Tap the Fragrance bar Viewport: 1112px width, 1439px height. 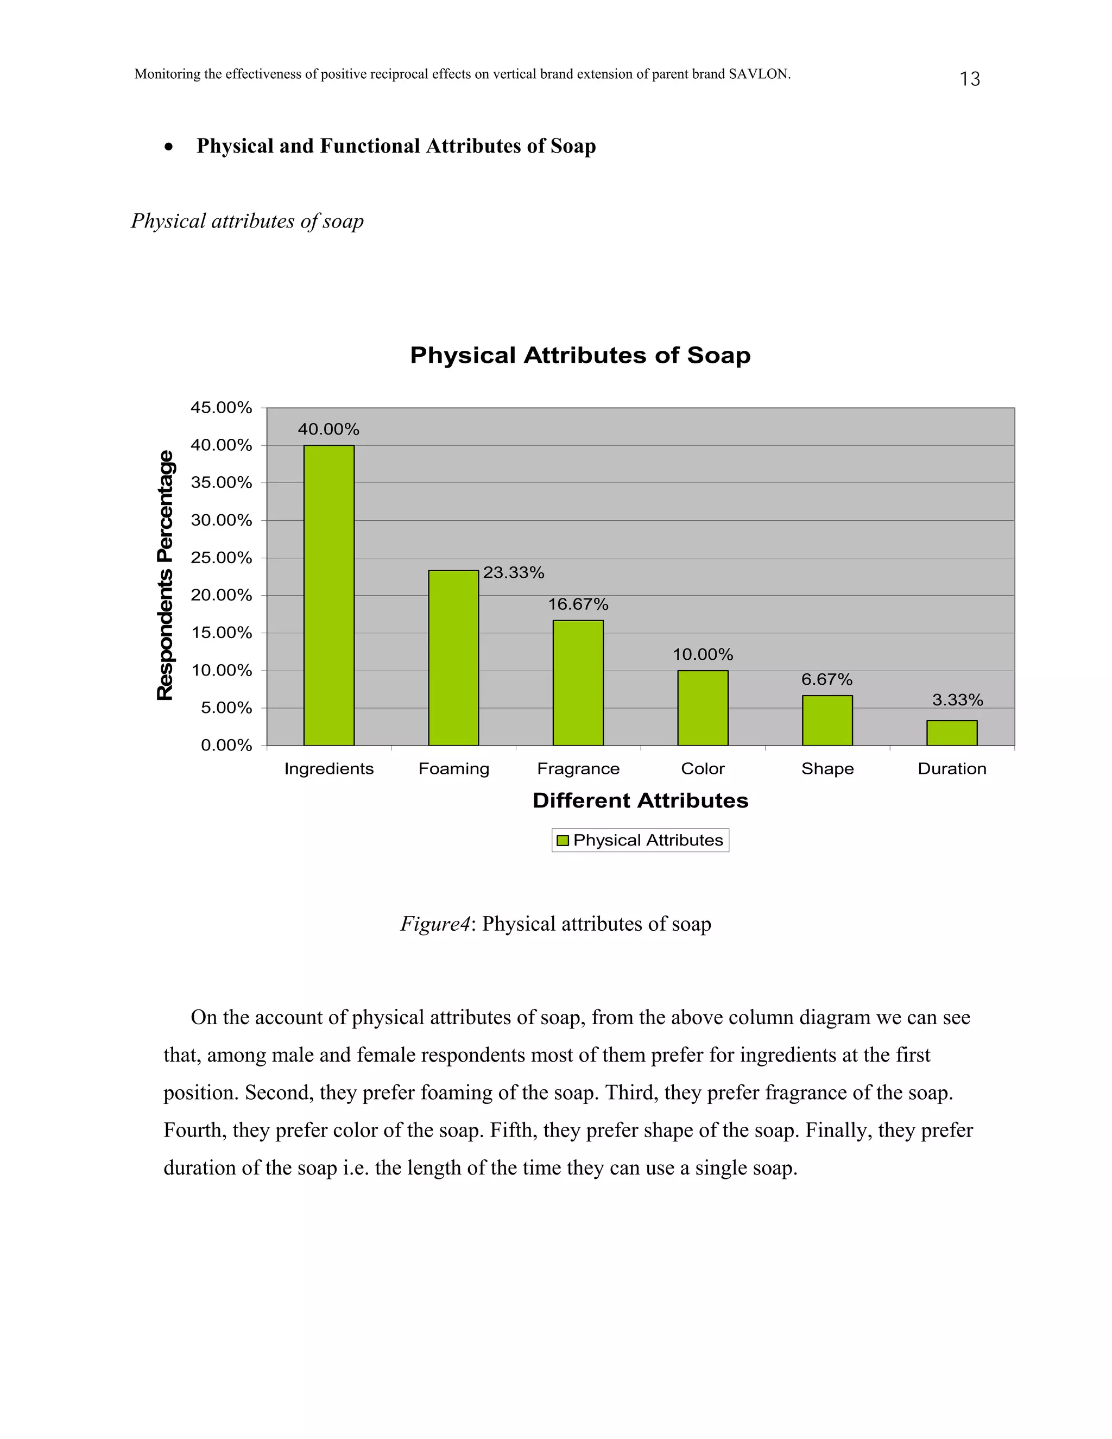click(x=578, y=683)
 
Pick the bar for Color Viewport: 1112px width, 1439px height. click(x=702, y=708)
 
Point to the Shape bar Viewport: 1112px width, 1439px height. click(x=827, y=720)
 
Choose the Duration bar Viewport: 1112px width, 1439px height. click(x=951, y=733)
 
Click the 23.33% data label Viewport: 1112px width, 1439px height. click(x=514, y=572)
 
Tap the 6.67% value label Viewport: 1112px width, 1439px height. click(x=827, y=679)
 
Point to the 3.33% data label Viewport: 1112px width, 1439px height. click(x=957, y=700)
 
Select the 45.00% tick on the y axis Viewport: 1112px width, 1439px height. click(x=222, y=408)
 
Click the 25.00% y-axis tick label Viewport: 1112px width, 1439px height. click(x=222, y=558)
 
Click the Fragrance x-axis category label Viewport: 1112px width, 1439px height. click(x=578, y=769)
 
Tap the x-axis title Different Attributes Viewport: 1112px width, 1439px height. click(x=640, y=800)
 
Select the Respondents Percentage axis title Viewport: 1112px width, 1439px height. click(x=166, y=575)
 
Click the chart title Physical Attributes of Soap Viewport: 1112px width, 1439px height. click(x=580, y=356)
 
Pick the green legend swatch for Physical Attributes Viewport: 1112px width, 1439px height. click(x=563, y=841)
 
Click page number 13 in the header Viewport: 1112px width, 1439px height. click(x=970, y=79)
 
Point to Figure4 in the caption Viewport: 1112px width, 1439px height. click(x=435, y=924)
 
